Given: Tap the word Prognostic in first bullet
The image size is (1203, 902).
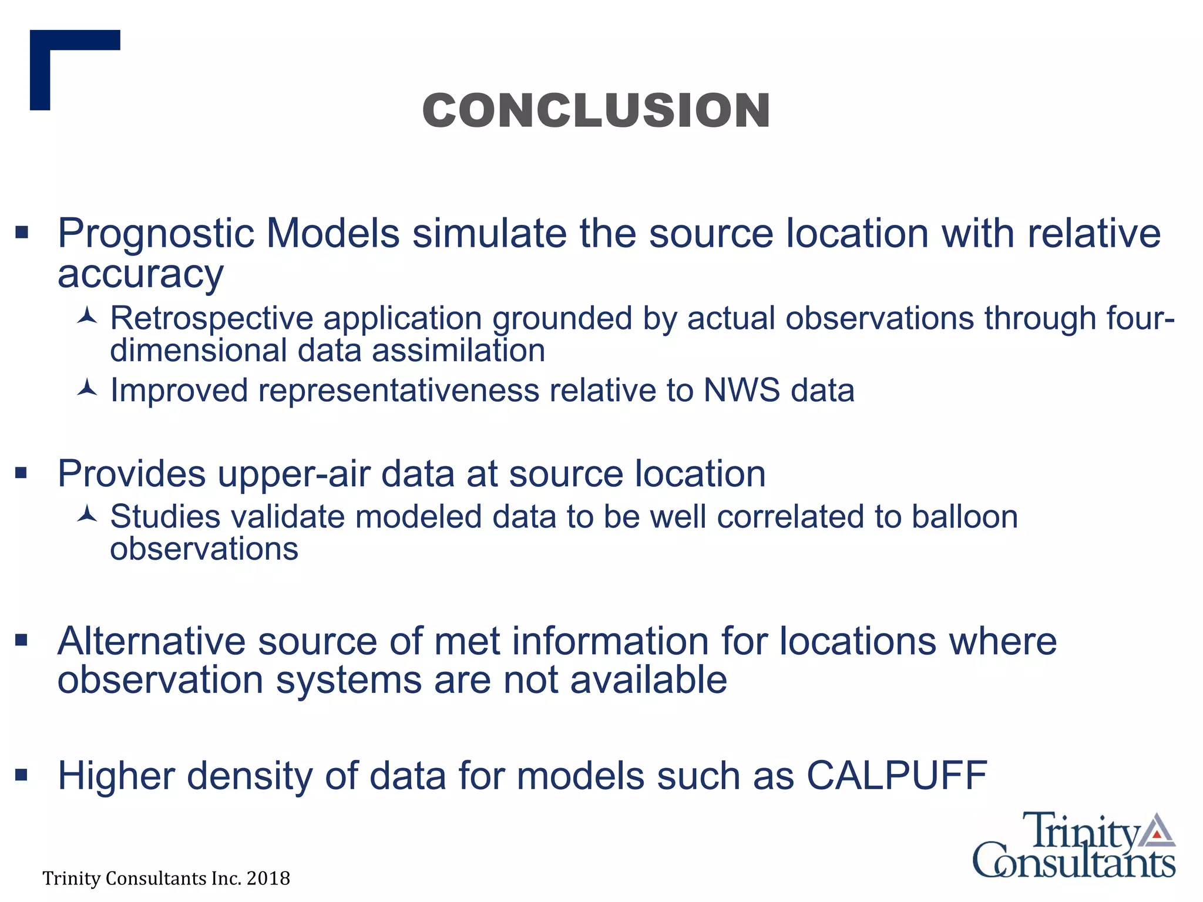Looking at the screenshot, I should point(155,234).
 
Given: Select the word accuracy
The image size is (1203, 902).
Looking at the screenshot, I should point(140,274).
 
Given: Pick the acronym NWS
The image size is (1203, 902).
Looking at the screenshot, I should point(741,391).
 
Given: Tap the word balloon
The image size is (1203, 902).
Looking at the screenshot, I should point(965,517).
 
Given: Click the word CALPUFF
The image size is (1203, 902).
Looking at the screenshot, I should point(896,776).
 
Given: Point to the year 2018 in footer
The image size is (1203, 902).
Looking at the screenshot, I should point(268,879).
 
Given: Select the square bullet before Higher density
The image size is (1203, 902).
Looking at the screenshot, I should point(22,776).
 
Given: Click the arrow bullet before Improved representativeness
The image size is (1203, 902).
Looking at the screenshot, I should point(87,389).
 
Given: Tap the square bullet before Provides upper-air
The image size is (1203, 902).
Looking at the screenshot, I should point(22,473).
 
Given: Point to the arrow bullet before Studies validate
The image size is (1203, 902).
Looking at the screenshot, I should point(87,515).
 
